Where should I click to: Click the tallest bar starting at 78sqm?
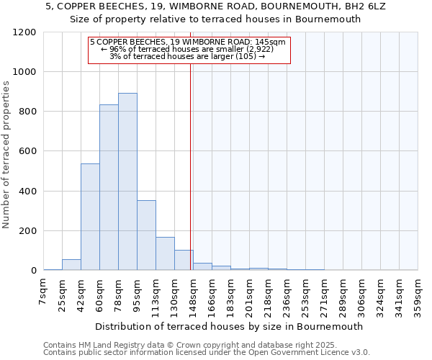pos(127,181)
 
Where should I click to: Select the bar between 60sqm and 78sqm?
pos(109,187)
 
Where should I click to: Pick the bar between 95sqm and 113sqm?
pos(146,235)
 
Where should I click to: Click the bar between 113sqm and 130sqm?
pos(165,253)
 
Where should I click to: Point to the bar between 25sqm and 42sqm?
pos(71,264)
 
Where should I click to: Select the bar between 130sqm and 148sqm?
pos(184,260)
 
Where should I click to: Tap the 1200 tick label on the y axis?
pos(24,32)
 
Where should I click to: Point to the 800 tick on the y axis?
pos(27,112)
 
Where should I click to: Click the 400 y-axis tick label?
pos(27,192)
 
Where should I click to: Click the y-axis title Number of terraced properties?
pos(6,155)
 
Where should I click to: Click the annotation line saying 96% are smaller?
pos(189,49)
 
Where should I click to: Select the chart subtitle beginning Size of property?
pos(215,19)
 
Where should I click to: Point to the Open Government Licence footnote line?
pos(207,353)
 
